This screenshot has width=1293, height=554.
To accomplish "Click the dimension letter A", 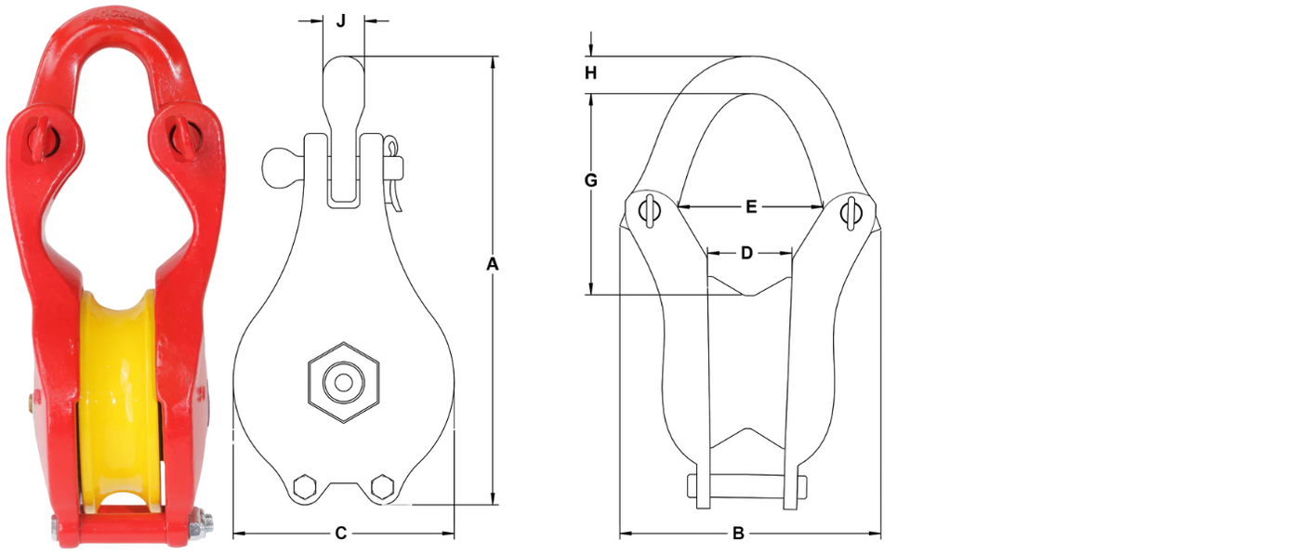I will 493,265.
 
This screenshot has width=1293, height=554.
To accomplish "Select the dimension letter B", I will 738,534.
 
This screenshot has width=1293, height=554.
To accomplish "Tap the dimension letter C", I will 341,534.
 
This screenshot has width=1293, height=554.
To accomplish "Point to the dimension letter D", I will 746,252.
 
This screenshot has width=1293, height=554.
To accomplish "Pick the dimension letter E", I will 751,206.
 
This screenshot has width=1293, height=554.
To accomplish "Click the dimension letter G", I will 590,180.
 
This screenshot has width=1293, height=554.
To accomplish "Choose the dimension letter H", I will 590,73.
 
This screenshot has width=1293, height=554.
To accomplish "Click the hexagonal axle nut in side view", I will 344,382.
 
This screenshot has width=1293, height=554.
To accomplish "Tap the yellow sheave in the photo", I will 116,390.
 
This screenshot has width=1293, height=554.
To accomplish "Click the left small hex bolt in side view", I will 304,487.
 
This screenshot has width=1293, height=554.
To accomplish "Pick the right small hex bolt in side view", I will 380,487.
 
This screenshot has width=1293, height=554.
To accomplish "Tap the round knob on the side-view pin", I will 277,167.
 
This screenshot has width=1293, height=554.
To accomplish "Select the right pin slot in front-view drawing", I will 851,211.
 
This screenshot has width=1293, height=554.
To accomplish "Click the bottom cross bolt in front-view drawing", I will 746,486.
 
